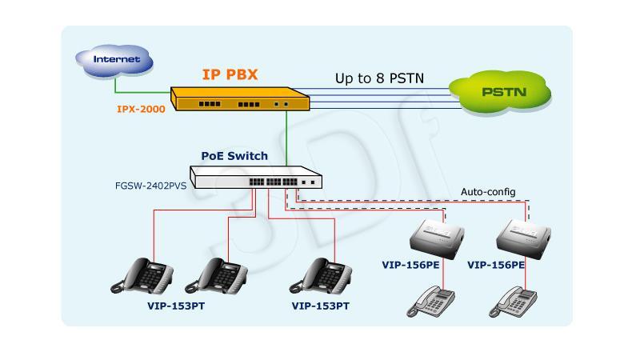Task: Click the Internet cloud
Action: (114, 61)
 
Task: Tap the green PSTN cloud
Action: (501, 93)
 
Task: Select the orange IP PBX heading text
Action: (230, 74)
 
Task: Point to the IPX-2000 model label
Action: (142, 109)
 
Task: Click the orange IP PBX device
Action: (240, 98)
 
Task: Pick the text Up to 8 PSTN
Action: (379, 78)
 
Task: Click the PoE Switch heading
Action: (234, 156)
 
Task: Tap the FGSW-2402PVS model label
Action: (150, 186)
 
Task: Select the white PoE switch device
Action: (256, 177)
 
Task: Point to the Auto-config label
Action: (488, 192)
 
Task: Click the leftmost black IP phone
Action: (142, 275)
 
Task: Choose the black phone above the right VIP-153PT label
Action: (321, 276)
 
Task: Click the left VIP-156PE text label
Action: (410, 265)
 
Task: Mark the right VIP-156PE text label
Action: (496, 265)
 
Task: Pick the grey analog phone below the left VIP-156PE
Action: (430, 302)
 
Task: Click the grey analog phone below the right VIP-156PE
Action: (513, 302)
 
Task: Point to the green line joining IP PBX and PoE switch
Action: (286, 138)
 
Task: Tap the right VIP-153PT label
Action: (321, 306)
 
